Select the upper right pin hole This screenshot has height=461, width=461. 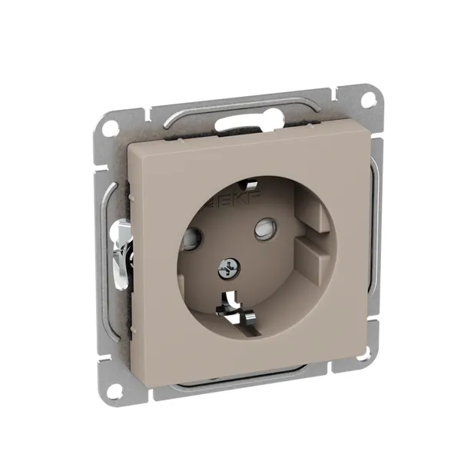[x=266, y=228]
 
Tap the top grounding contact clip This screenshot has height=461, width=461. [x=247, y=184]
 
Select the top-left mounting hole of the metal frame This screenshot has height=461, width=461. [x=111, y=128]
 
